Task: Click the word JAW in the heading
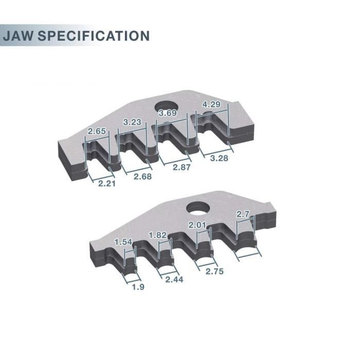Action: pyautogui.click(x=20, y=36)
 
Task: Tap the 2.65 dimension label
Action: pyautogui.click(x=97, y=131)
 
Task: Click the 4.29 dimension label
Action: pyautogui.click(x=213, y=104)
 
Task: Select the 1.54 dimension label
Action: pyautogui.click(x=123, y=242)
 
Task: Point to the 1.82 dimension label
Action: pyautogui.click(x=158, y=235)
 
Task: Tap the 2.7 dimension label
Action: pyautogui.click(x=243, y=213)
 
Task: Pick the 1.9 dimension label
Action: pyautogui.click(x=138, y=287)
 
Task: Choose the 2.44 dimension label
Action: pyautogui.click(x=175, y=279)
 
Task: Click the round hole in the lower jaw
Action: pyautogui.click(x=197, y=209)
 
